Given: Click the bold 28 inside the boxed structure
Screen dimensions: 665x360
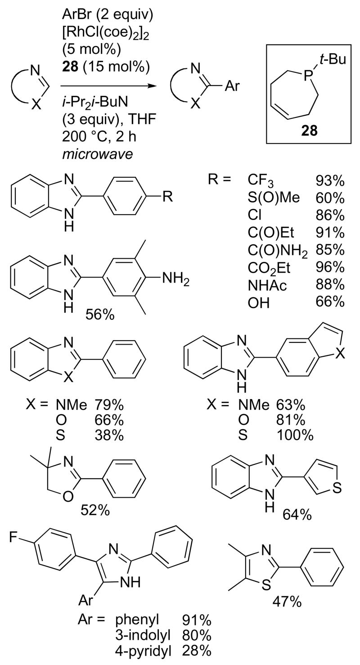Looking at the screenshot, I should click(310, 130).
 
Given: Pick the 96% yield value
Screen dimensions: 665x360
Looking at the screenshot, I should click(329, 268).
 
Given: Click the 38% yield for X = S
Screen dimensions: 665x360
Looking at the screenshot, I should click(108, 435).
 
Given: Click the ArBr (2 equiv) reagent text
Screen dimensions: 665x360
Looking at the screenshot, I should click(107, 15).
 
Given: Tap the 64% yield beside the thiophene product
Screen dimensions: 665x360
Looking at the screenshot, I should click(297, 514).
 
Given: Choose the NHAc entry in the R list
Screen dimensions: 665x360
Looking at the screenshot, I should click(267, 285).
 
